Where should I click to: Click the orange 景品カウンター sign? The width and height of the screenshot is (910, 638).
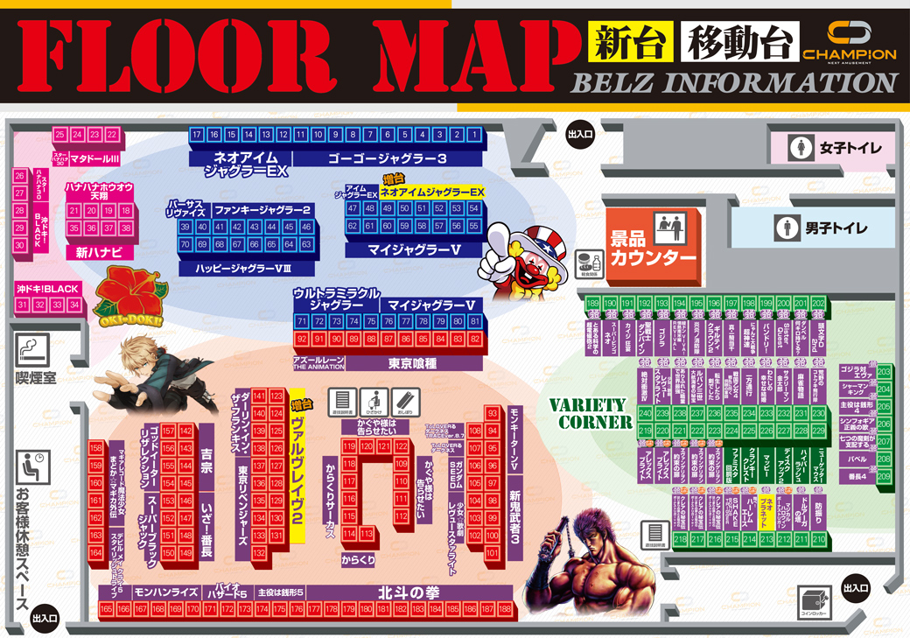pyautogui.click(x=654, y=247)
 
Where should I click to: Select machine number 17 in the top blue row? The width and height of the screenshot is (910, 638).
pyautogui.click(x=197, y=135)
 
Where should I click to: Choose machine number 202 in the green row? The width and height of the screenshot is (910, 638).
pyautogui.click(x=818, y=304)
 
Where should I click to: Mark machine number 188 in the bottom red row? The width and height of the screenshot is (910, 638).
pyautogui.click(x=504, y=608)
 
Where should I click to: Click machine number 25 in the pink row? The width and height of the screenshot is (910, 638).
pyautogui.click(x=59, y=135)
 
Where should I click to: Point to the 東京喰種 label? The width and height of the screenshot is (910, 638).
pyautogui.click(x=412, y=362)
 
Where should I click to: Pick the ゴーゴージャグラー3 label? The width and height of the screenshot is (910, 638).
pyautogui.click(x=388, y=158)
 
